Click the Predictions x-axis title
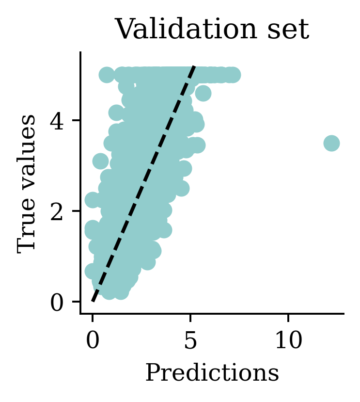212,373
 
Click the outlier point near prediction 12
331,143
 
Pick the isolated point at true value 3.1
100,161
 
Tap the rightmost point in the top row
233,75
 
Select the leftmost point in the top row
107,75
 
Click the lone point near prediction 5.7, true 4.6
203,93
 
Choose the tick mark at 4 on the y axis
78,120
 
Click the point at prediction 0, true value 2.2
93,200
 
